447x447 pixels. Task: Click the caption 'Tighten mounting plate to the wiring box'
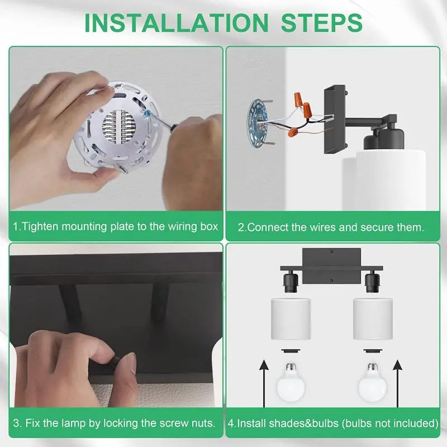pos(116,227)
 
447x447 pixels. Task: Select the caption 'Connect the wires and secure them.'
pos(331,227)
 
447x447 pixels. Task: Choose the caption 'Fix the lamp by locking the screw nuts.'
pos(115,423)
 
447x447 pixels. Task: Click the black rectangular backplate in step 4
pos(330,260)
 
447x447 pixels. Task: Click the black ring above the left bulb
pos(290,351)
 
